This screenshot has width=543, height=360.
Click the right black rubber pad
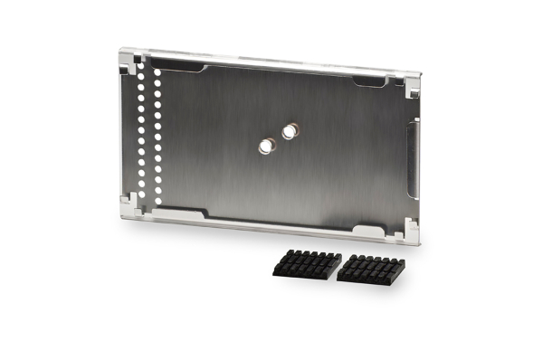click(371, 269)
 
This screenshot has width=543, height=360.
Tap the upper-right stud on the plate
click(289, 131)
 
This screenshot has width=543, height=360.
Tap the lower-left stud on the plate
click(267, 145)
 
